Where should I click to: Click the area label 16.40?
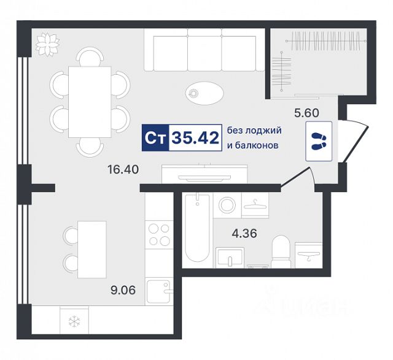coord(123,170)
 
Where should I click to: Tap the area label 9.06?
coord(123,291)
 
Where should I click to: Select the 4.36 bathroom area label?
coord(244,234)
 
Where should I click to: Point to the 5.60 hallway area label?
coord(306,113)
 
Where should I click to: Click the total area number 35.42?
coord(195,138)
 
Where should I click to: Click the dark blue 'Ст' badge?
coord(155,138)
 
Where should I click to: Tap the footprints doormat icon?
coord(319,141)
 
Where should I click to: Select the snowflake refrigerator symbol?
coord(74,322)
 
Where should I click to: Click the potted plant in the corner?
coord(47,45)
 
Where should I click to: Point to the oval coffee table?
coord(204,93)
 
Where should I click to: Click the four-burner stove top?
coord(159,235)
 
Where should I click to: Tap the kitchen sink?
coord(159,291)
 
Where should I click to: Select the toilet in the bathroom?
coord(281,251)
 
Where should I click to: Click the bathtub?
coord(197,228)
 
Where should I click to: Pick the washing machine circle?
coord(227,205)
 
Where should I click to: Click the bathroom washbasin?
coord(230,257)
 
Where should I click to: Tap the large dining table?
coord(90,102)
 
